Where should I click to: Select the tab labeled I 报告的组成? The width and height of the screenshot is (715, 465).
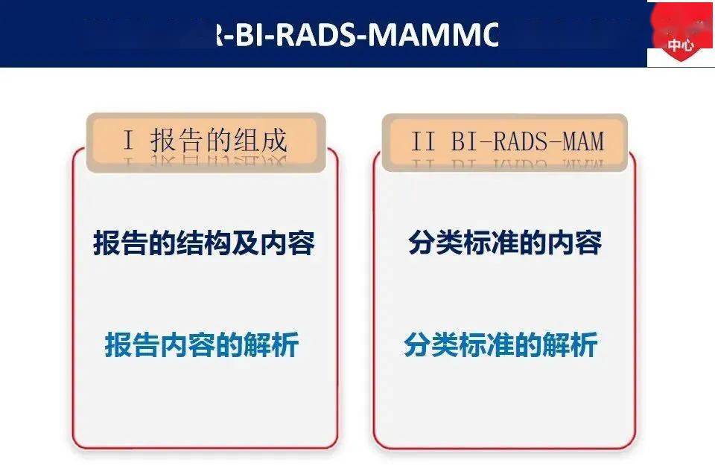[x=206, y=141]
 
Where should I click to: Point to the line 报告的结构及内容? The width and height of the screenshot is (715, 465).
[x=204, y=243]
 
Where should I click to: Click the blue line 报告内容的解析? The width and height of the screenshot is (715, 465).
[x=202, y=345]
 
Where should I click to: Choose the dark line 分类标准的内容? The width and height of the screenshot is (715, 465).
[x=505, y=243]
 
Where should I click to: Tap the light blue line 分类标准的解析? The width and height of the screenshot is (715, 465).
[x=500, y=345]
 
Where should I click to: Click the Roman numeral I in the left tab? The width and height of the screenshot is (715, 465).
[x=128, y=141]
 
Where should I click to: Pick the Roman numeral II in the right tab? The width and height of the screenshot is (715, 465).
[x=422, y=141]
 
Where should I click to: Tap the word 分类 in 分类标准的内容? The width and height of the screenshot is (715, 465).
[x=433, y=243]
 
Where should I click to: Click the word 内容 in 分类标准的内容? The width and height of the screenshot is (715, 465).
[x=576, y=243]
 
